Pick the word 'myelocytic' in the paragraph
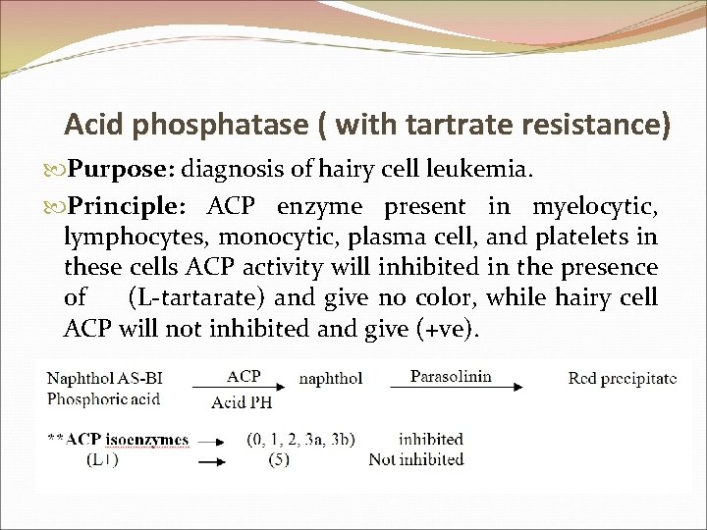tap(594, 207)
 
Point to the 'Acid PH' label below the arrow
tap(242, 401)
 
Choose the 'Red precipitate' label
tap(622, 379)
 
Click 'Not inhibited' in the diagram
tap(415, 458)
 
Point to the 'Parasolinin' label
tap(451, 376)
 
